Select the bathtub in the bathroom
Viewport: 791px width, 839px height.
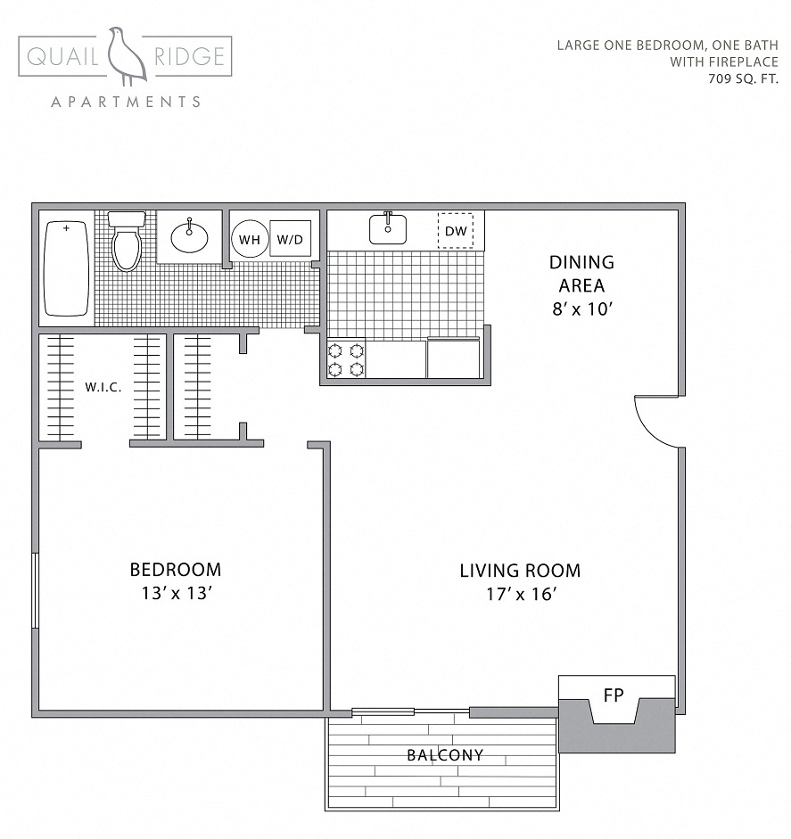67,268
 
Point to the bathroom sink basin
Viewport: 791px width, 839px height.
189,237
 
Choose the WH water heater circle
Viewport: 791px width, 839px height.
249,239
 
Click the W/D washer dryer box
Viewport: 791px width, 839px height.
290,239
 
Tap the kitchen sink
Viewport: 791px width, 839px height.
388,229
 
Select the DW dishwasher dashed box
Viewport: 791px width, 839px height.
456,232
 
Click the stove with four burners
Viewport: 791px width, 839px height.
346,359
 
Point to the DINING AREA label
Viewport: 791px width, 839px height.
581,274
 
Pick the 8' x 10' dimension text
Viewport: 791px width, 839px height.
581,309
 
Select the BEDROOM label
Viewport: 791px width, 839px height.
176,570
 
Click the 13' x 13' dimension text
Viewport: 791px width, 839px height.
176,595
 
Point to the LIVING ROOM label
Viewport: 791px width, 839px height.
520,571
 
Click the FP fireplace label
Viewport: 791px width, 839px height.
614,695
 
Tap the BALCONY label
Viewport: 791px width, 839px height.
445,755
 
